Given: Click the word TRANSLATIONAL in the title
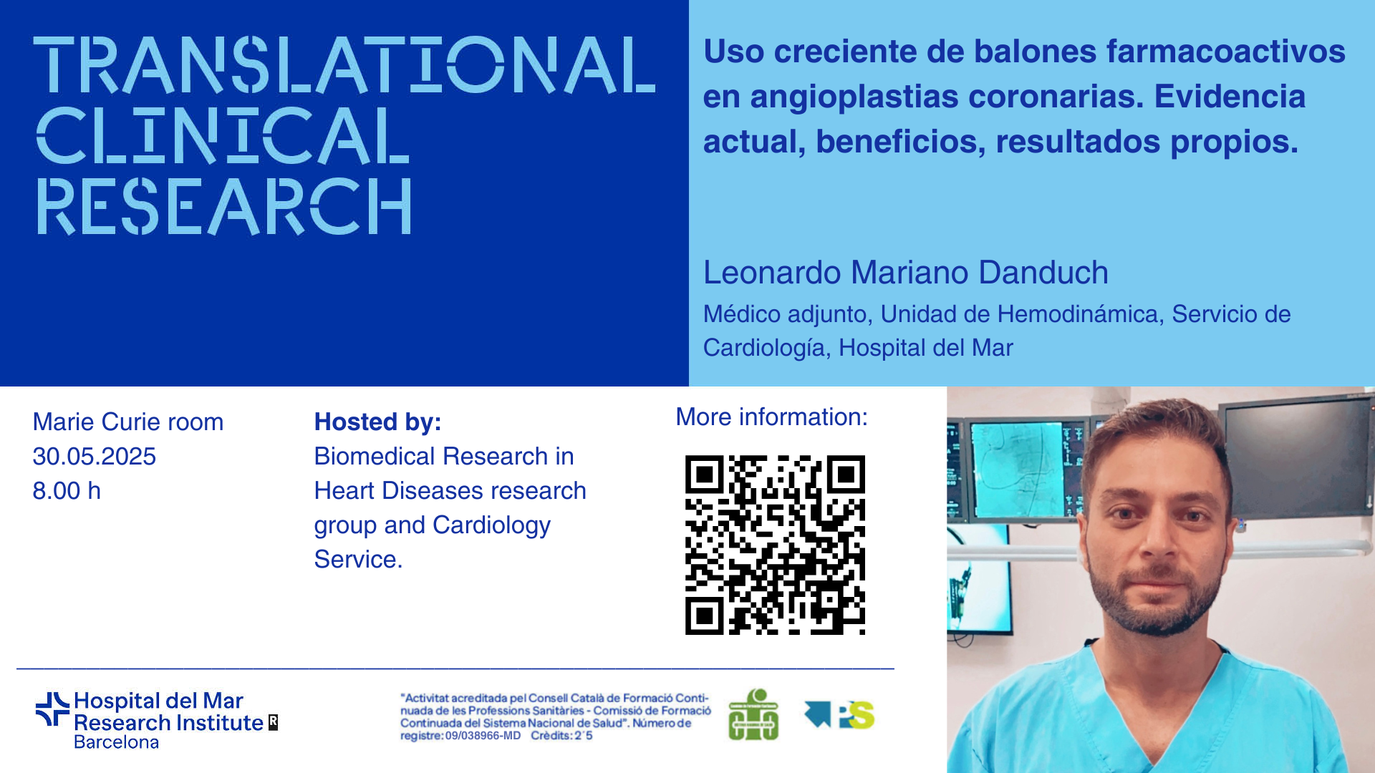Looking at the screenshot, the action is pyautogui.click(x=344, y=65).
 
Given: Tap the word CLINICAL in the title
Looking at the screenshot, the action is pyautogui.click(x=223, y=136).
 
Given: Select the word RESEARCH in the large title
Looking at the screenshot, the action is pyautogui.click(x=224, y=206).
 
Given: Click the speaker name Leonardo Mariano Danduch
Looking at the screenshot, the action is pyautogui.click(x=906, y=273).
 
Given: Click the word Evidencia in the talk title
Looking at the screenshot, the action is pyautogui.click(x=1230, y=97).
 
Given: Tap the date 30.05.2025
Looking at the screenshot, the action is pyautogui.click(x=95, y=457).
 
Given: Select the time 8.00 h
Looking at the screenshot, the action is pyautogui.click(x=67, y=491).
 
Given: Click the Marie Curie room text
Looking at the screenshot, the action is pyautogui.click(x=128, y=422).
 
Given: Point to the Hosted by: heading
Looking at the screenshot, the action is pyautogui.click(x=378, y=422).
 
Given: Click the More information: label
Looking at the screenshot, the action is pyautogui.click(x=772, y=417).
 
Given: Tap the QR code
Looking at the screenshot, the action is pyautogui.click(x=775, y=545).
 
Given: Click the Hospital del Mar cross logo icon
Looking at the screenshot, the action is pyautogui.click(x=52, y=709).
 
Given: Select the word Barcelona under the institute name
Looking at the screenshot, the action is pyautogui.click(x=117, y=742).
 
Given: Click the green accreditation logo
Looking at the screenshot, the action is pyautogui.click(x=753, y=714).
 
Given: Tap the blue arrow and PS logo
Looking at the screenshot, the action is pyautogui.click(x=839, y=714).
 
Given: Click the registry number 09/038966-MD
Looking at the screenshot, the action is pyautogui.click(x=483, y=736).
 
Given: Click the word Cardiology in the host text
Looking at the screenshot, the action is pyautogui.click(x=492, y=525).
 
